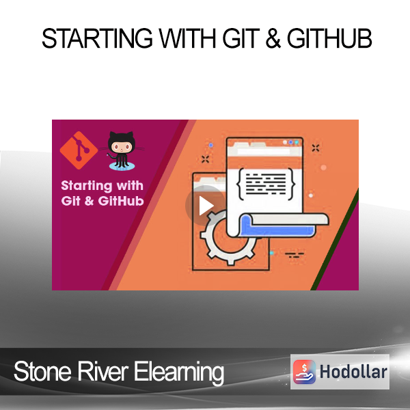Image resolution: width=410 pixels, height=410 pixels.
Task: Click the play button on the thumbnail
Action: pos(206,206)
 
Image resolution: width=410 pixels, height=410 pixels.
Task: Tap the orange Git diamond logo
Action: pos(79,150)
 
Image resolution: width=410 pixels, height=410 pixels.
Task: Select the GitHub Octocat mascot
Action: pos(122,150)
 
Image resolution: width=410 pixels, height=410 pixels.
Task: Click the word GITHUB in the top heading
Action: pos(329,39)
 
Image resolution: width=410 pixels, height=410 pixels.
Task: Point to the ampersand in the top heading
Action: pos(273,39)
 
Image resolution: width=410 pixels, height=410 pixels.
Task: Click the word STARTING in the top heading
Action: pos(97,39)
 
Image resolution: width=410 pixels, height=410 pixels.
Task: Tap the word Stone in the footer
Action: pos(42,371)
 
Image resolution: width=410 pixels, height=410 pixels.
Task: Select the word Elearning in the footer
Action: pos(179,372)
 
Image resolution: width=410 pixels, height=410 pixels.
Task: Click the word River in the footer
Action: pos(102,371)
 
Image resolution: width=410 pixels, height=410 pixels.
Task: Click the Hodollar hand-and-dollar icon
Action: pos(304,372)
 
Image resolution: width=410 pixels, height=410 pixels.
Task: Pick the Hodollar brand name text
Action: pos(353,372)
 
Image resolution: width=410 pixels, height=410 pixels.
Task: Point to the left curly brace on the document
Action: pos(241,184)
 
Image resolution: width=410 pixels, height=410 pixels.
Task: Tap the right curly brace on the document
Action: pos(291,184)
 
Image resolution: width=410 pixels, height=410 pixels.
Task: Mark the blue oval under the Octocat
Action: pos(122,166)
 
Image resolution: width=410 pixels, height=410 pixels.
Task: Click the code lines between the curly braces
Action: pos(266,184)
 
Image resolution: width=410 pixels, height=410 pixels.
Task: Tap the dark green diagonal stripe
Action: pos(334,239)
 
